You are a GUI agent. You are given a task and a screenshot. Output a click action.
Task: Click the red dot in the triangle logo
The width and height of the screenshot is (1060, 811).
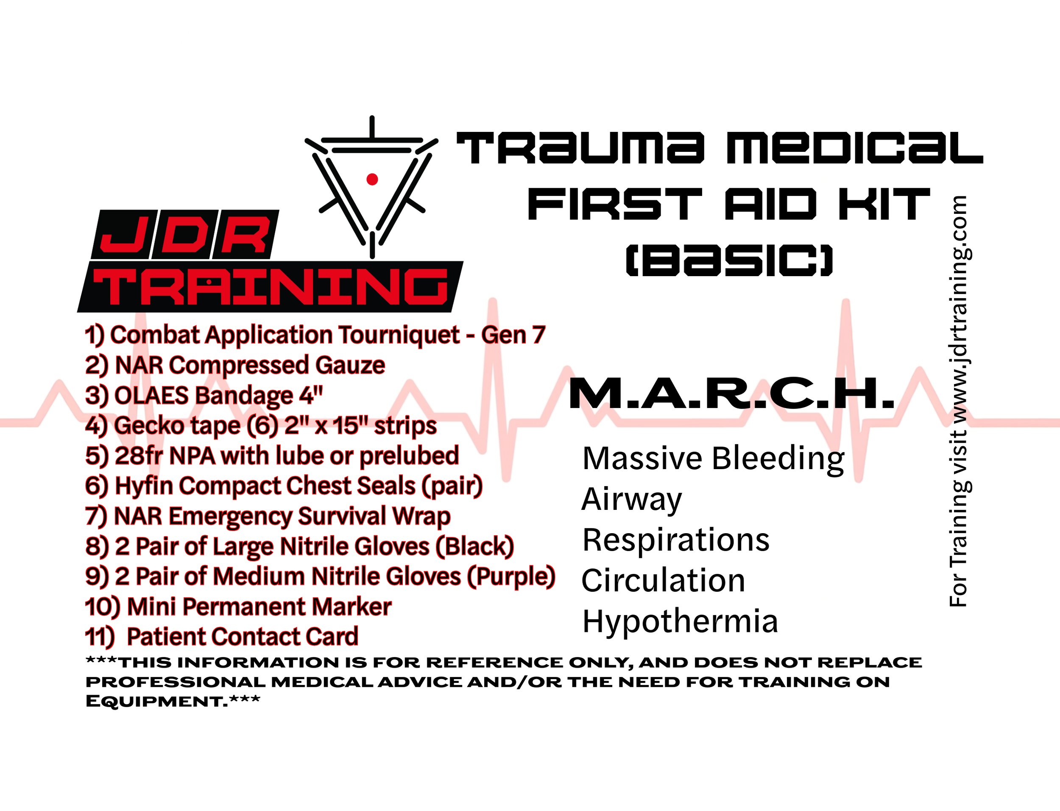point(372,179)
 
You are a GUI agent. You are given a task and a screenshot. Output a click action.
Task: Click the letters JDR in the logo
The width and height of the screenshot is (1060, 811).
point(186,235)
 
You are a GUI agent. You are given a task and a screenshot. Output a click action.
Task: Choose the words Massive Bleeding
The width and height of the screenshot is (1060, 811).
point(713,458)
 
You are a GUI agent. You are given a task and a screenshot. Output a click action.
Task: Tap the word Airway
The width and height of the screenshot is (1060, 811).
point(632,499)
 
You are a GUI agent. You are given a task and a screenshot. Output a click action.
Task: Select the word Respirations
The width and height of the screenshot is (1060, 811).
point(676,540)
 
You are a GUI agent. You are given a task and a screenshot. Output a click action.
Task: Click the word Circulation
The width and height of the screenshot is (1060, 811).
point(664,580)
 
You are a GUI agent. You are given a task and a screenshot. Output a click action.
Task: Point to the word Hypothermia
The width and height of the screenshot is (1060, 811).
point(680,621)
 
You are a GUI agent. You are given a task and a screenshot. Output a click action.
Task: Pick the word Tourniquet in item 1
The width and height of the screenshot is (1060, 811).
point(399,335)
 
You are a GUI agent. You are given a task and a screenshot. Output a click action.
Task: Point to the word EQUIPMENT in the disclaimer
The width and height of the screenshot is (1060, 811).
point(157,702)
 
